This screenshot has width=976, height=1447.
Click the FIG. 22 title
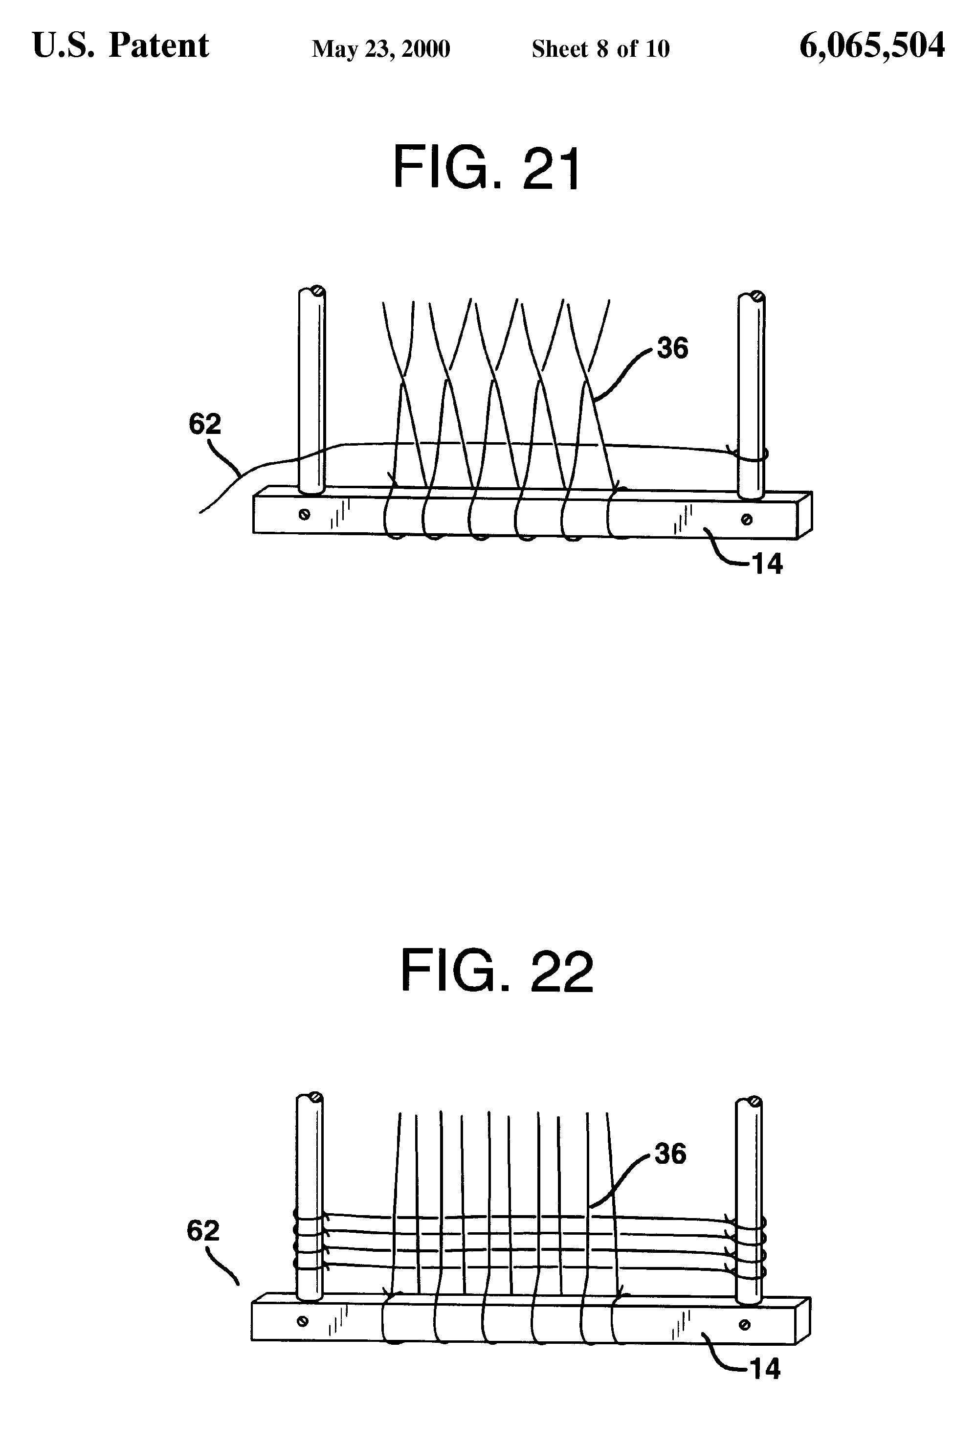(x=497, y=972)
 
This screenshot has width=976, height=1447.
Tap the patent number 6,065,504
(x=872, y=46)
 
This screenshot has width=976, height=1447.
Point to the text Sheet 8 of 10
(x=600, y=48)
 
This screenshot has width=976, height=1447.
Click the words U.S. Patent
(x=121, y=45)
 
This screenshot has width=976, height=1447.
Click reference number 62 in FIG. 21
(x=205, y=425)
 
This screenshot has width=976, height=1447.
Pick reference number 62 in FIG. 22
(x=203, y=1231)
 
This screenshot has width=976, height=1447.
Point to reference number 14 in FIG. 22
(x=765, y=1369)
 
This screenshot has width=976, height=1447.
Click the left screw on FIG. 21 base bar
(x=304, y=514)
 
